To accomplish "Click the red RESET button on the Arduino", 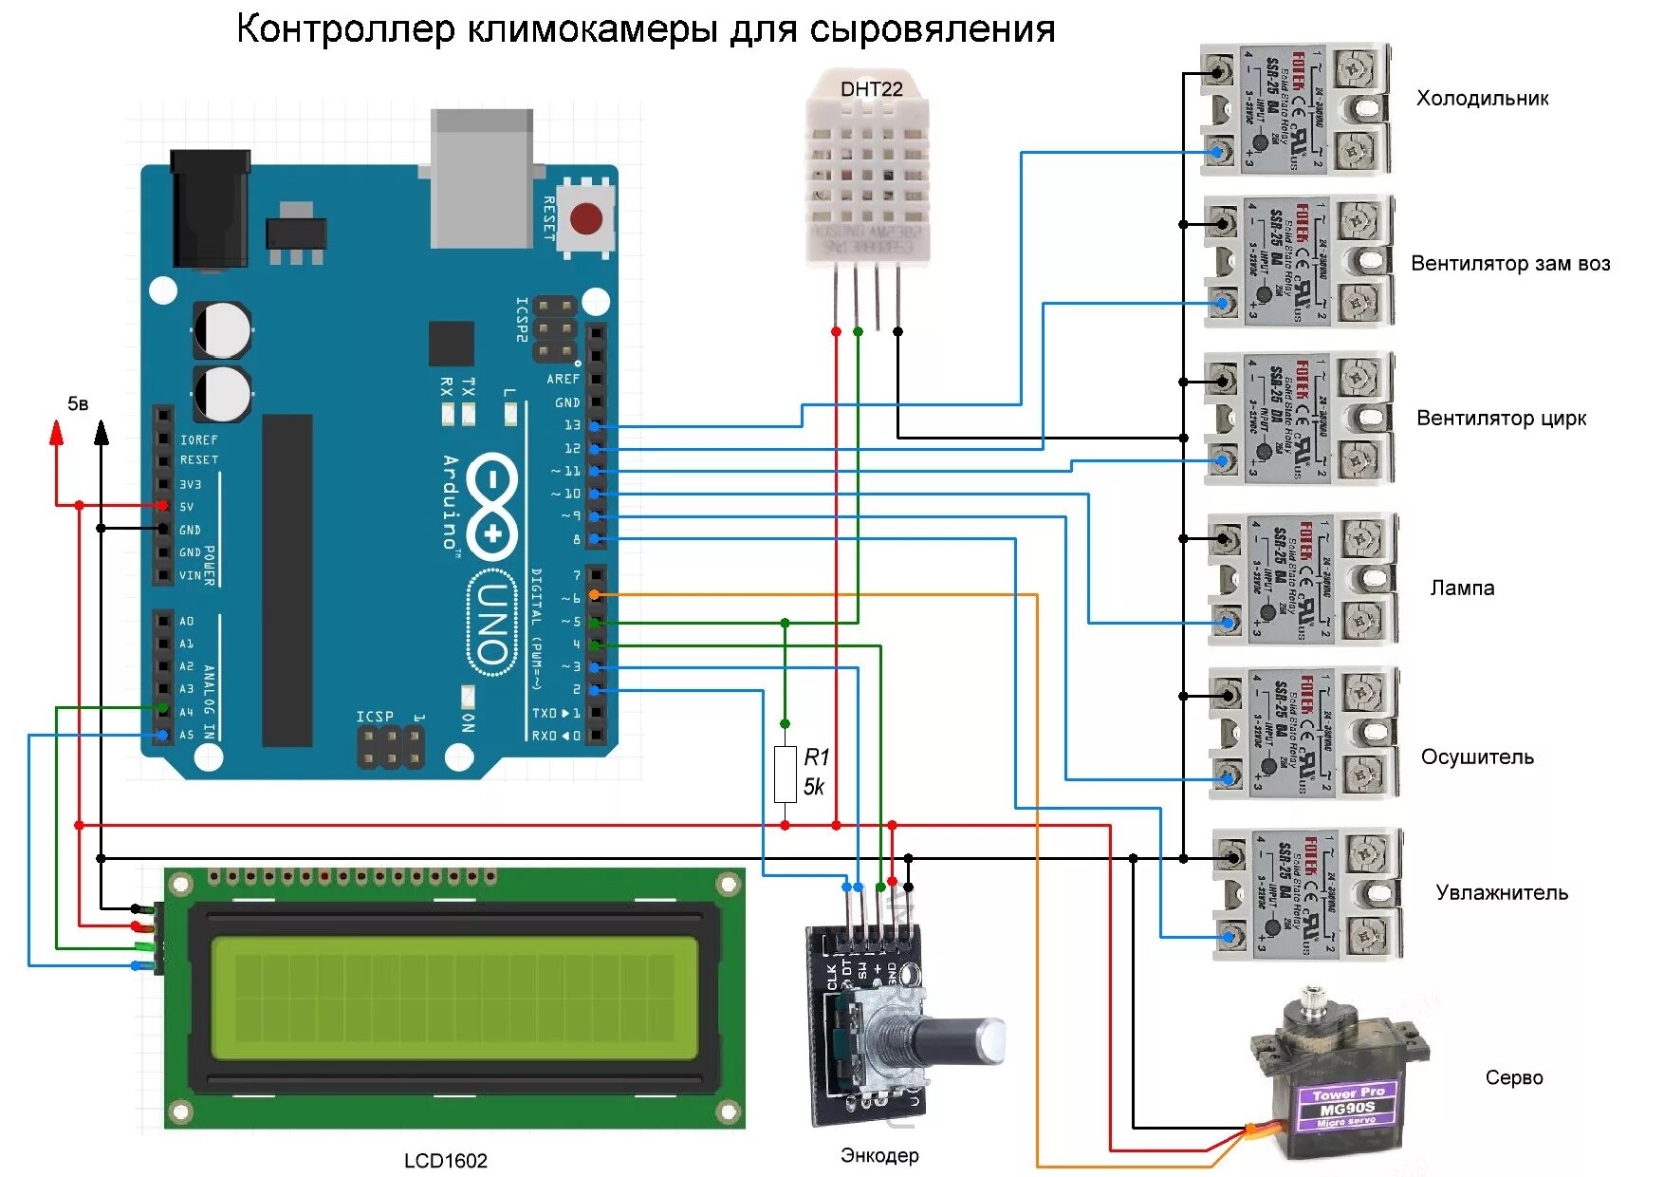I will (x=586, y=218).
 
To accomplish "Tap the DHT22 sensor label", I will (x=871, y=89).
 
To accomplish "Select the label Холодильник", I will (x=1482, y=99).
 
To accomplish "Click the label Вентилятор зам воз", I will (x=1510, y=264).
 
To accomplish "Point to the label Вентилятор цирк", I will (x=1501, y=419).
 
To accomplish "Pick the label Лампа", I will (x=1462, y=588).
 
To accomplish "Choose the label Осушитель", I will (x=1477, y=757).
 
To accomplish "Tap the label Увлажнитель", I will (x=1502, y=893).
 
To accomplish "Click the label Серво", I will (x=1514, y=1078).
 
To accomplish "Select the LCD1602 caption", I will (x=445, y=1161).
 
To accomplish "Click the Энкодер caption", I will (x=879, y=1156).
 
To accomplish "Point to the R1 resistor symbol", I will (x=785, y=774).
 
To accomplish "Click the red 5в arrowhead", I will (x=57, y=434).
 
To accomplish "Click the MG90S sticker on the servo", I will (x=1347, y=1108).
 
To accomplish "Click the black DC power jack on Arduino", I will (x=210, y=209).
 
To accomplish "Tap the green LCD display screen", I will (x=453, y=998).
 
